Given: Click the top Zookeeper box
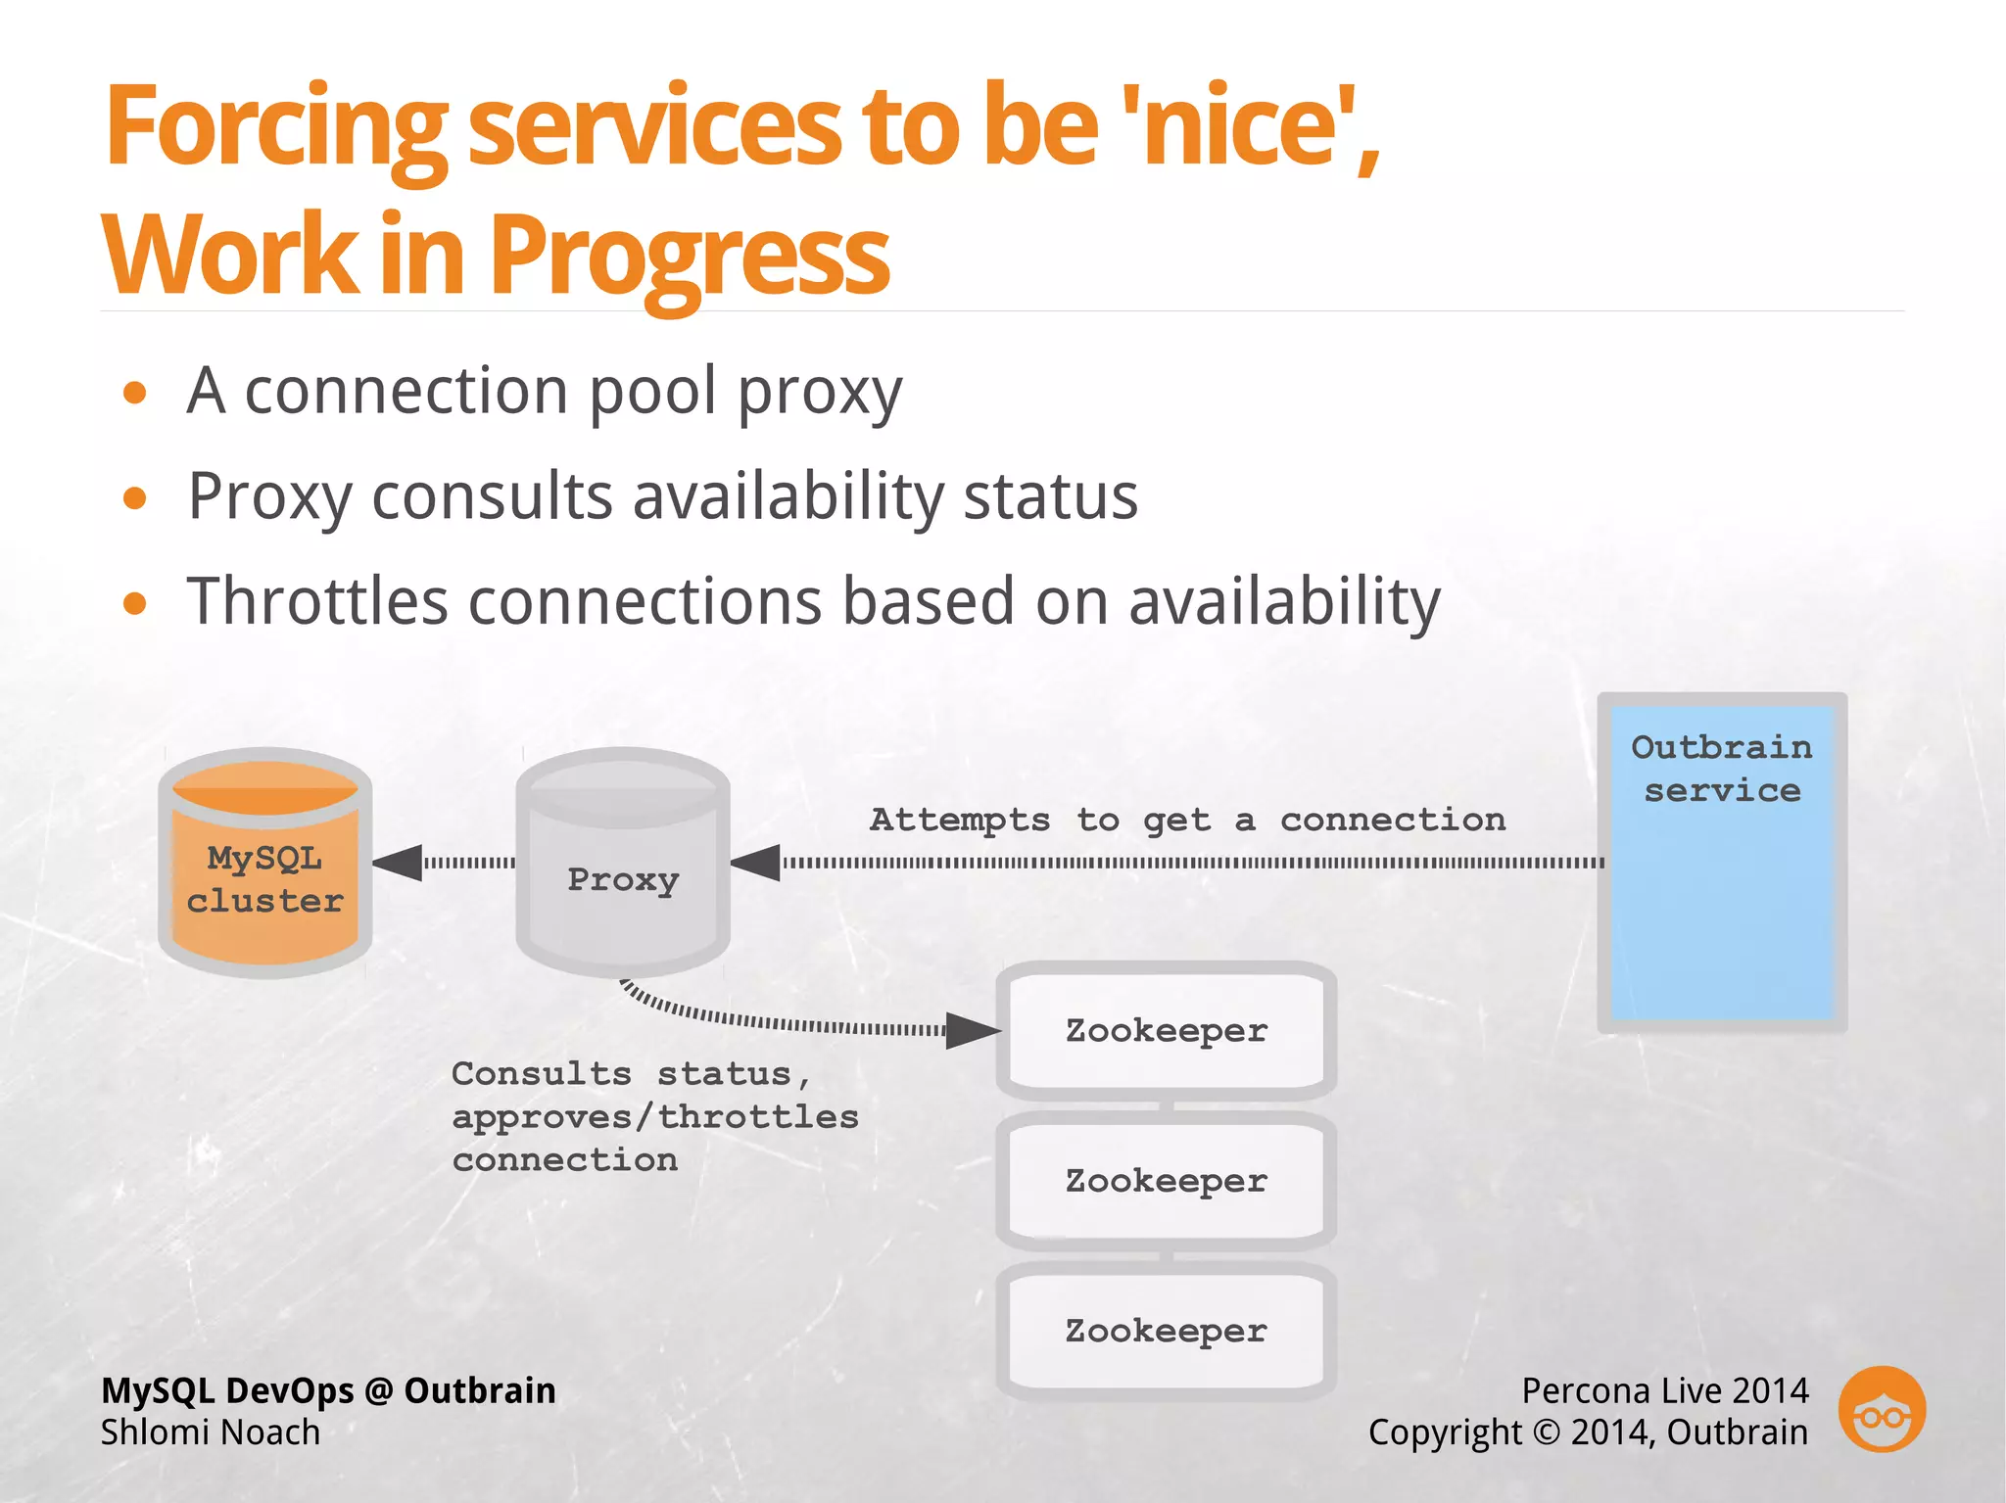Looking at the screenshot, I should [x=1166, y=1030].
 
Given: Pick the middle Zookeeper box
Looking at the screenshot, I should [x=1166, y=1181].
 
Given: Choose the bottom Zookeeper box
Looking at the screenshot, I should [x=1166, y=1331].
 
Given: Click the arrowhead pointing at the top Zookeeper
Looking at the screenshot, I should [x=974, y=1031].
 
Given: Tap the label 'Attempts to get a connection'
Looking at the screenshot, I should [x=1187, y=820].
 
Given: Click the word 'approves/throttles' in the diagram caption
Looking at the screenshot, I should [x=654, y=1117].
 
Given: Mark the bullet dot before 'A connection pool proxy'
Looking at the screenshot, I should [x=135, y=394].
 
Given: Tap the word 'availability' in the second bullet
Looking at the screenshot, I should [x=788, y=495].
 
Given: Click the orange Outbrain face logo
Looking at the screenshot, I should [x=1882, y=1409].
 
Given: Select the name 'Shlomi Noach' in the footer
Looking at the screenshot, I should [x=211, y=1433].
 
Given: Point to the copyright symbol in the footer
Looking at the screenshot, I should [x=1546, y=1433].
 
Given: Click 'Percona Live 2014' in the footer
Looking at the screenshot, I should [x=1664, y=1390].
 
